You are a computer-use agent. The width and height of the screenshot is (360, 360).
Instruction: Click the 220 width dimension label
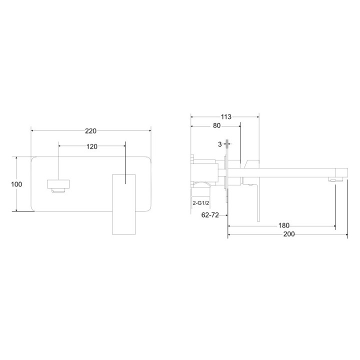tap(90, 131)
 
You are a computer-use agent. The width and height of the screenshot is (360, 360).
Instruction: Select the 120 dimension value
tap(92, 146)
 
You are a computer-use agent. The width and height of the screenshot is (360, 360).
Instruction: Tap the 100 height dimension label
tap(16, 184)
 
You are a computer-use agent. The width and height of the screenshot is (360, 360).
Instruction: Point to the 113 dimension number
tap(226, 117)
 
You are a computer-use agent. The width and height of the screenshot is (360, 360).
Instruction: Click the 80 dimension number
tap(216, 125)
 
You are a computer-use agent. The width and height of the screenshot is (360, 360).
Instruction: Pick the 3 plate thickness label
tap(220, 144)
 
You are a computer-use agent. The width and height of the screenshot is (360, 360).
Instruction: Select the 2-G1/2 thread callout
tap(201, 203)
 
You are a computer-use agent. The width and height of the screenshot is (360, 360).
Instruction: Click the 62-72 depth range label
tap(210, 215)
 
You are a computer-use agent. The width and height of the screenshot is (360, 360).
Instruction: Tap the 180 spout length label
tap(284, 225)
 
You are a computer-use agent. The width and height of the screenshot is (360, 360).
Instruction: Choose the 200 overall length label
tap(289, 234)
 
